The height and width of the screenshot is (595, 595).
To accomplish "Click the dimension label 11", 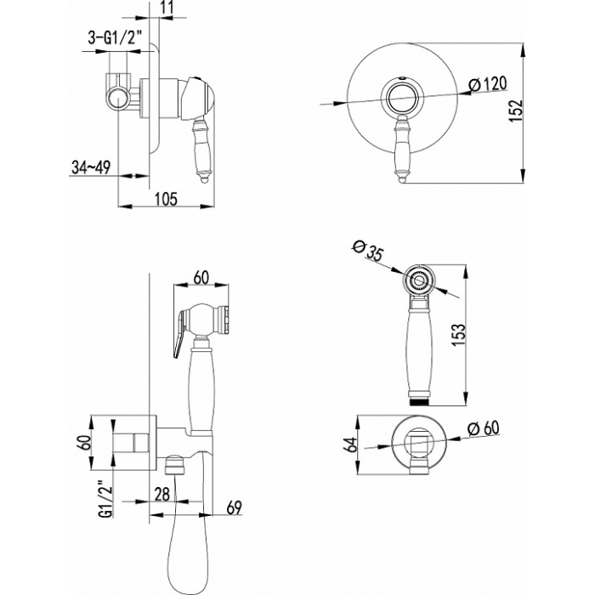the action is (167, 7).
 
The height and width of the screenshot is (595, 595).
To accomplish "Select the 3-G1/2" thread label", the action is (115, 38).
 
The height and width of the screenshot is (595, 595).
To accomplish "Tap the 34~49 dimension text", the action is (91, 167).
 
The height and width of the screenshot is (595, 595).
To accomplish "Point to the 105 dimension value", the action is (167, 198).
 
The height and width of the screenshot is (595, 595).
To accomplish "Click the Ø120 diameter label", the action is (487, 84).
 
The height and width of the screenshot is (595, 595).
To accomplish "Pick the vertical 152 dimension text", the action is (516, 110).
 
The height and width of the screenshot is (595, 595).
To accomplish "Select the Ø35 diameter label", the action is (368, 251).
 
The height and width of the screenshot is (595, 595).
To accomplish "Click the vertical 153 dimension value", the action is (458, 334).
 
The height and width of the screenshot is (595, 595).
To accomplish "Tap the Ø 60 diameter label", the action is (483, 428).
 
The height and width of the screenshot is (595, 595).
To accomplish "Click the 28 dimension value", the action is (162, 495).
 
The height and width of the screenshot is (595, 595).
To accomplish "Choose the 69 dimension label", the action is (234, 507).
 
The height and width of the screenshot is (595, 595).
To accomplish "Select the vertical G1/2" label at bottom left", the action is (106, 499).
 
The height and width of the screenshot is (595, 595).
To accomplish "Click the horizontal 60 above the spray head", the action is (201, 277).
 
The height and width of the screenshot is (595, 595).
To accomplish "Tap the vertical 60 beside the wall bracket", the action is (85, 443).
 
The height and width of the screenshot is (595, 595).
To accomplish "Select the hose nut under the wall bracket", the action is (174, 465).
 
